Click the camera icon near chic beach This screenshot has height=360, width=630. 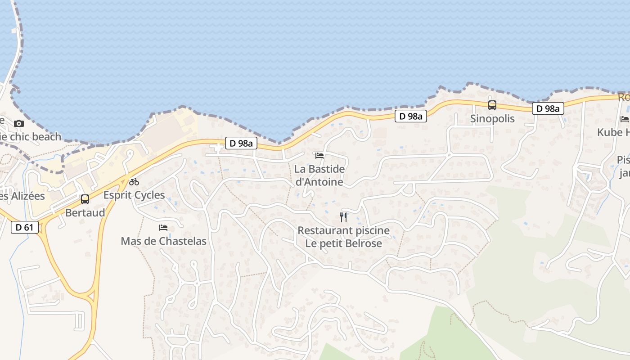19,123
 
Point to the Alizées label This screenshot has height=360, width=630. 22,196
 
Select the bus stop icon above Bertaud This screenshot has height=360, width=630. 85,199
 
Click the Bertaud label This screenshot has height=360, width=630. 85,212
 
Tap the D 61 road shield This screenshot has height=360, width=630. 24,227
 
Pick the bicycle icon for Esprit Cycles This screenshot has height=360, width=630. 134,182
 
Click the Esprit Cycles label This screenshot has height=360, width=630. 134,195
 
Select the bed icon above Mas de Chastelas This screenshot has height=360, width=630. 163,228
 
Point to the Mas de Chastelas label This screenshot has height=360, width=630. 163,241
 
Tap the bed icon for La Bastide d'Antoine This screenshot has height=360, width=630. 319,156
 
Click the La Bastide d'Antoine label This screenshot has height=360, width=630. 319,175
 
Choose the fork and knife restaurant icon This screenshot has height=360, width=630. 343,217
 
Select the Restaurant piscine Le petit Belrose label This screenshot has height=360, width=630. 343,237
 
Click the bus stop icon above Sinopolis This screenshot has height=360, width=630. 492,105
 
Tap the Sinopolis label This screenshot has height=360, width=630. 492,119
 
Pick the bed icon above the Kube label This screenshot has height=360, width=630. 625,119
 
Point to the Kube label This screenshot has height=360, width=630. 613,132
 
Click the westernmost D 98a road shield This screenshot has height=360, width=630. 241,144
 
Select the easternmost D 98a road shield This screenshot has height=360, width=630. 548,108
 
